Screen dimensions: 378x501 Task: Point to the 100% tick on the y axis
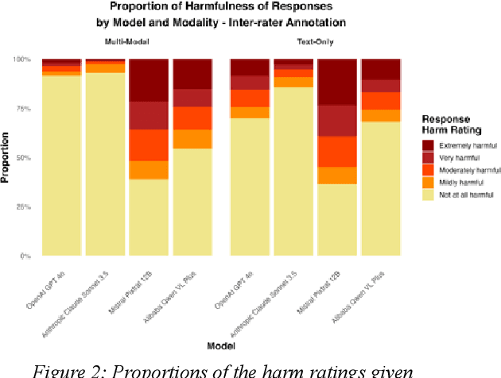[26, 60]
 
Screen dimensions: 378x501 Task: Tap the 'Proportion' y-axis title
[6, 158]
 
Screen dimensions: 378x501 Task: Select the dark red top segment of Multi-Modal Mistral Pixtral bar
[149, 80]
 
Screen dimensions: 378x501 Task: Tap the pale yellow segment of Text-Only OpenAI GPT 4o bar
[250, 187]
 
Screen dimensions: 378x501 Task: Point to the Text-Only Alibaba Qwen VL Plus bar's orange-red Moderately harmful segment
[380, 101]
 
